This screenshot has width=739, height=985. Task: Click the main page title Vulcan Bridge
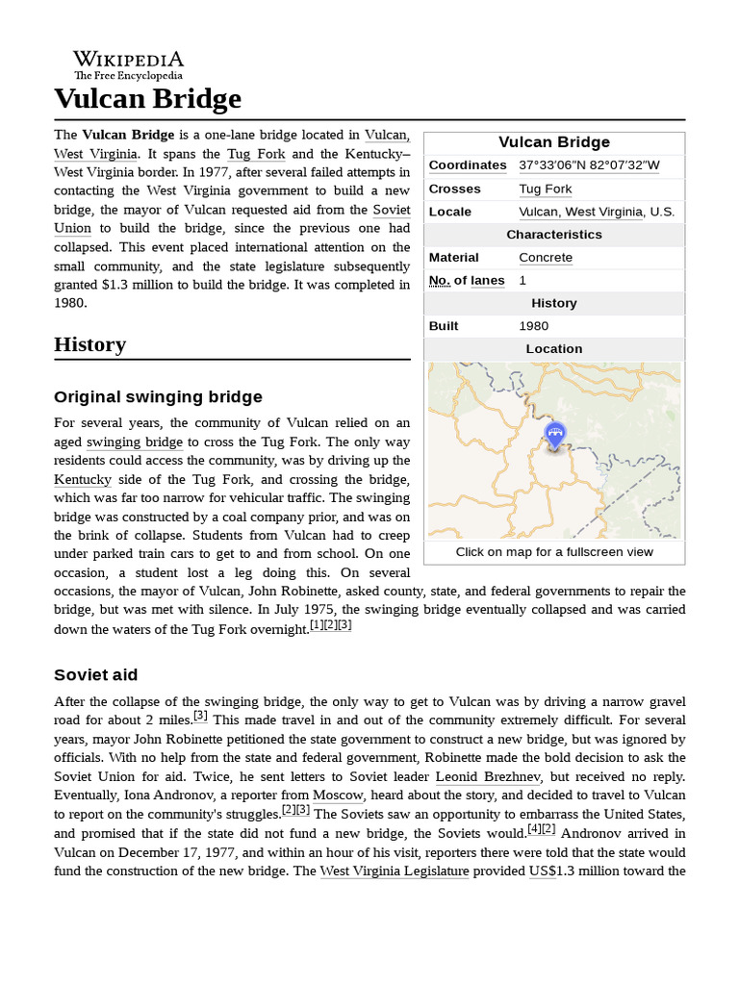pos(147,98)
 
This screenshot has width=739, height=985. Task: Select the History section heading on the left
pos(89,344)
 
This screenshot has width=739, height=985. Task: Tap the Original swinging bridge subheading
pos(158,397)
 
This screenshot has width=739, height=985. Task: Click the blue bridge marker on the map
pos(554,435)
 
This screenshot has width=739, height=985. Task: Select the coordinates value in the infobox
pos(589,165)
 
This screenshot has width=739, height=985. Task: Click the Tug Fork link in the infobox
pos(545,189)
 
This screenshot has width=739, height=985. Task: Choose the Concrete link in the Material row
pos(545,258)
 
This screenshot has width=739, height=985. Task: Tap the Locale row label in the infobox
pos(450,212)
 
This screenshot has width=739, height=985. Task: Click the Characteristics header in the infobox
pos(554,235)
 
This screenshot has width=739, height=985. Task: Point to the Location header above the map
pos(554,349)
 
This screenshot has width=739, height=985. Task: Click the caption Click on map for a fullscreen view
pos(554,552)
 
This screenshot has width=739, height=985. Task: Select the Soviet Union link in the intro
pos(391,210)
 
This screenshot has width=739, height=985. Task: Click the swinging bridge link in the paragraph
pos(135,442)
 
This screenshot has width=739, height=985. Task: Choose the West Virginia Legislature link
pos(395,871)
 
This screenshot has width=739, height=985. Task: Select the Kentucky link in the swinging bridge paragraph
pos(83,479)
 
